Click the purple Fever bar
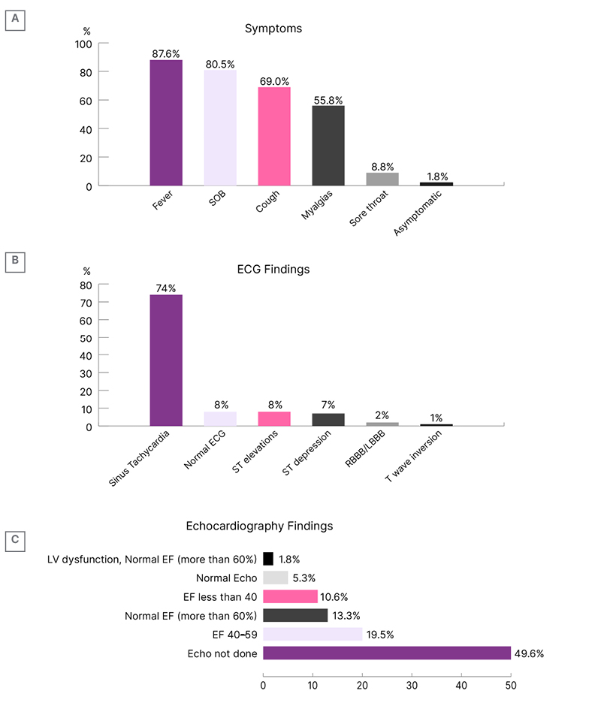pyautogui.click(x=166, y=122)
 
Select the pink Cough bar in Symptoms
pyautogui.click(x=274, y=136)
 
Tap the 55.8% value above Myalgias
pyautogui.click(x=328, y=100)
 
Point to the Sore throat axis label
pyautogui.click(x=369, y=210)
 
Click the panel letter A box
pyautogui.click(x=15, y=20)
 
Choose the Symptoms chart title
pyautogui.click(x=273, y=29)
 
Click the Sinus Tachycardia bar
pyautogui.click(x=166, y=360)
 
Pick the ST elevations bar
pyautogui.click(x=274, y=418)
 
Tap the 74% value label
pyautogui.click(x=166, y=288)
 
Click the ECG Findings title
pyautogui.click(x=273, y=269)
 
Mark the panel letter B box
pyautogui.click(x=15, y=261)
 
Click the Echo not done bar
pyautogui.click(x=386, y=653)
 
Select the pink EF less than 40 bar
pyautogui.click(x=290, y=596)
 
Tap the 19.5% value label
pyautogui.click(x=380, y=635)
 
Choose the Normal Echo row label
pyautogui.click(x=226, y=578)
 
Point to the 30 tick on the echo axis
pyautogui.click(x=412, y=684)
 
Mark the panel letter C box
pyautogui.click(x=15, y=539)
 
